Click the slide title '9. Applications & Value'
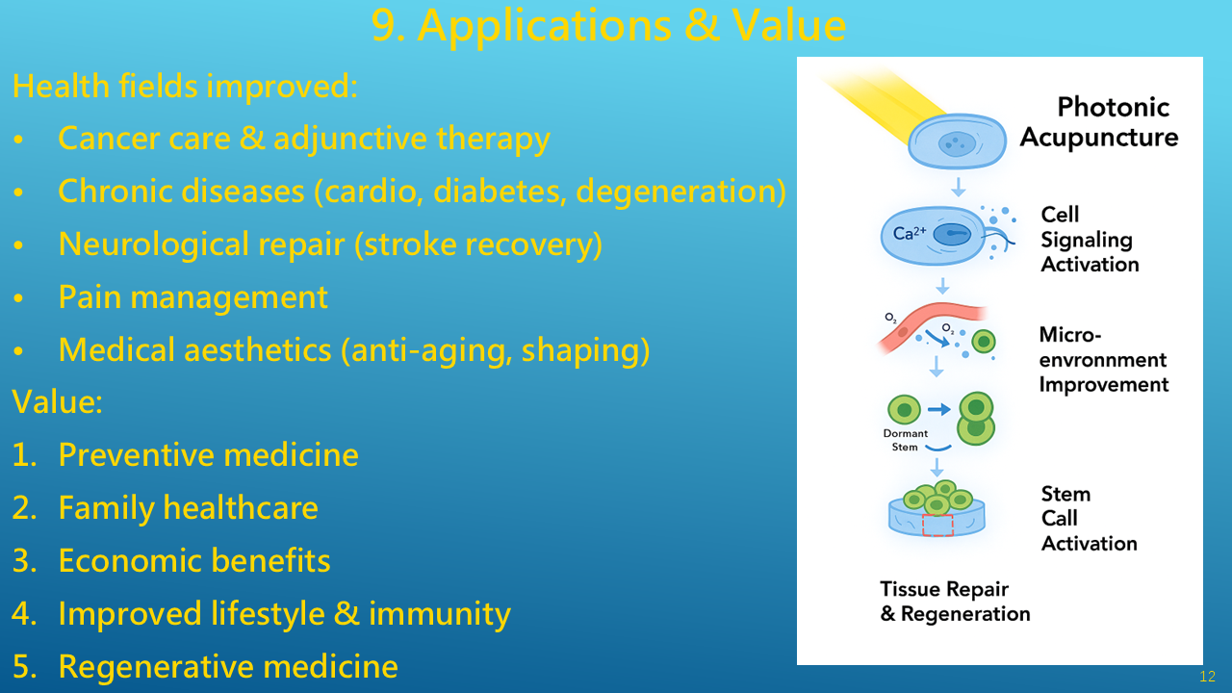(x=608, y=26)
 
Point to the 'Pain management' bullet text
(x=192, y=296)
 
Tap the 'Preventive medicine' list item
(x=208, y=454)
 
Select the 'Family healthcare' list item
(x=188, y=507)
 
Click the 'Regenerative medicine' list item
(x=228, y=666)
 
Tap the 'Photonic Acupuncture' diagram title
(x=1099, y=121)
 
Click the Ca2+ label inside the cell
(x=909, y=234)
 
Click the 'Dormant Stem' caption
(x=906, y=440)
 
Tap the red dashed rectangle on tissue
(x=937, y=526)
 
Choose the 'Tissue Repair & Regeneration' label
(x=955, y=602)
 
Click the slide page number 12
(x=1207, y=677)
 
